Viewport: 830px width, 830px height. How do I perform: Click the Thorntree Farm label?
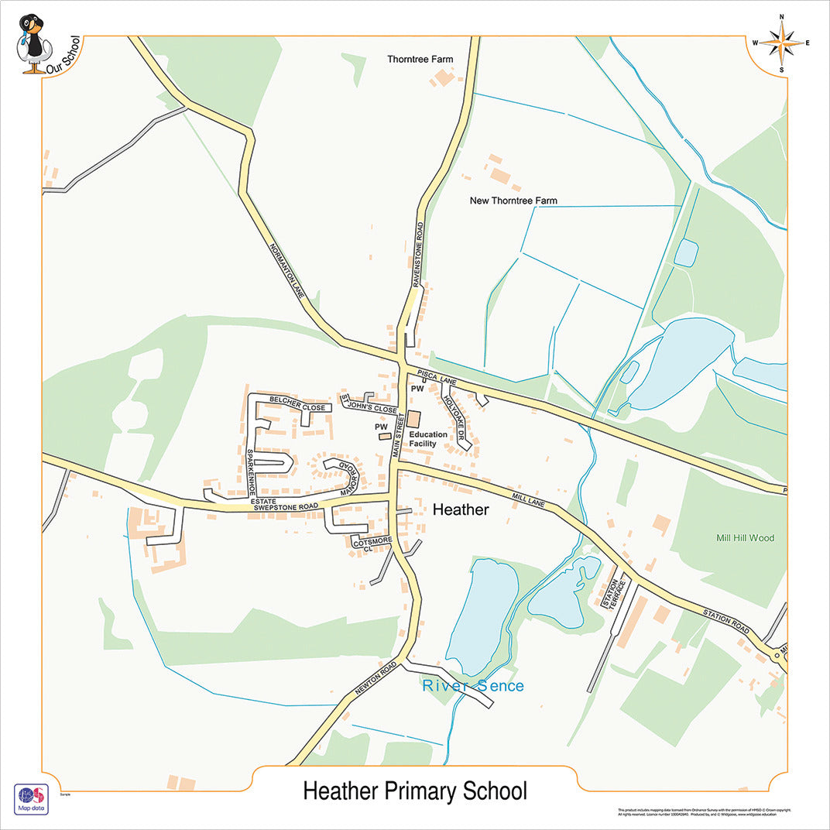coord(420,60)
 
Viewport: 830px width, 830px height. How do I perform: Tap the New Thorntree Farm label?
coord(513,201)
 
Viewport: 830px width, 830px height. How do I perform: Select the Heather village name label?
coord(461,509)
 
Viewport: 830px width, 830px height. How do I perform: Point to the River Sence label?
coord(473,686)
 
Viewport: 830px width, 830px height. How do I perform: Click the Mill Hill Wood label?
coord(745,538)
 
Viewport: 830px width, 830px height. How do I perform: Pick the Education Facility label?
coord(428,439)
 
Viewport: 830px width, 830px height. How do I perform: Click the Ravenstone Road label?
coord(419,256)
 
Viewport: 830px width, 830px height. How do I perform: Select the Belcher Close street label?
coord(297,403)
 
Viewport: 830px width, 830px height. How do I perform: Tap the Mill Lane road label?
coord(529,497)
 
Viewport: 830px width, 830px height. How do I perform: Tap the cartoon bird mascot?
coord(33,43)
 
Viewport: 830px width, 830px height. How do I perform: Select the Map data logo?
coord(31,799)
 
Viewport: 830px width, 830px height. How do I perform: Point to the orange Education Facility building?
coord(414,419)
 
